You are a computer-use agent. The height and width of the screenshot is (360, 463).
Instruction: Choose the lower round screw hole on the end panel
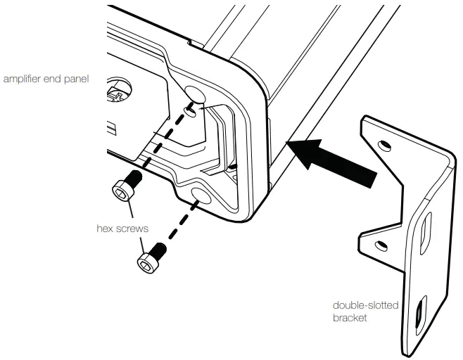pyautogui.click(x=205, y=196)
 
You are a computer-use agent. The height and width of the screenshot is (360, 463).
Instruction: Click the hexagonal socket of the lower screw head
pyautogui.click(x=146, y=262)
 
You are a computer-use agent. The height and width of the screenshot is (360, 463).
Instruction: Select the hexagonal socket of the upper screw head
pyautogui.click(x=120, y=190)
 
